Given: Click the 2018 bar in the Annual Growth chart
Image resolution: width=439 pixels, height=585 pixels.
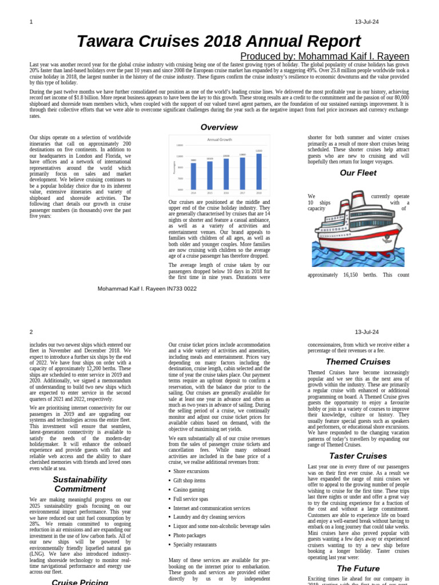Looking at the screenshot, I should pyautogui.click(x=259, y=171).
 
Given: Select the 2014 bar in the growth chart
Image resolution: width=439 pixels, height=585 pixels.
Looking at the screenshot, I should pyautogui.click(x=193, y=176).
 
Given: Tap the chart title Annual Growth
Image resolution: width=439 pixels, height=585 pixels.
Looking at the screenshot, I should pyautogui.click(x=219, y=139).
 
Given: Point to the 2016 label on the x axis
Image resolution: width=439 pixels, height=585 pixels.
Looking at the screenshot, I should pyautogui.click(x=226, y=193).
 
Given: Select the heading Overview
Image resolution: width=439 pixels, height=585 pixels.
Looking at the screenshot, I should pyautogui.click(x=219, y=127).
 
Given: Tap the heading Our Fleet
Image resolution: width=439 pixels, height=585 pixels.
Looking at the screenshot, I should pyautogui.click(x=358, y=173).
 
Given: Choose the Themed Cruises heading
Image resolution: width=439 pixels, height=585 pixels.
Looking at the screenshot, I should pyautogui.click(x=358, y=362).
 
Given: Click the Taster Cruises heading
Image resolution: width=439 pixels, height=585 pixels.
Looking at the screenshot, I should pyautogui.click(x=358, y=456).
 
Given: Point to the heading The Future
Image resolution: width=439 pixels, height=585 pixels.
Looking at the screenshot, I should pyautogui.click(x=358, y=568).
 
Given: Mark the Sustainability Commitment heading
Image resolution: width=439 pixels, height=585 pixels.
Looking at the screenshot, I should pyautogui.click(x=80, y=484).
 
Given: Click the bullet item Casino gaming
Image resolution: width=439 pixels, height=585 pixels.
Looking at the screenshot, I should pyautogui.click(x=189, y=490).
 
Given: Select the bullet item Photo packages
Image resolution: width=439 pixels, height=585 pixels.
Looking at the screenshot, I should pyautogui.click(x=189, y=535).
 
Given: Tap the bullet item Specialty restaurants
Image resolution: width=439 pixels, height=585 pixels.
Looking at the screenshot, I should pyautogui.click(x=195, y=544).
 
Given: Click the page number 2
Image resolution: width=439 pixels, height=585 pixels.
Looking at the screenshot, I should pyautogui.click(x=31, y=332).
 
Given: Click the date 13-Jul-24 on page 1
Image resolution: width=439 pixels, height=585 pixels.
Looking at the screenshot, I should pyautogui.click(x=366, y=22).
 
